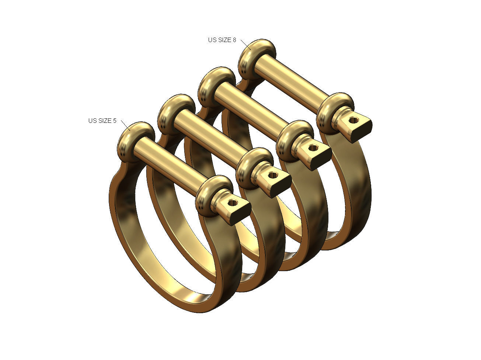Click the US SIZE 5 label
[102, 121]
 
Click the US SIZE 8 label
[222, 40]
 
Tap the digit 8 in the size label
[234, 40]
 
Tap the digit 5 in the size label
[114, 121]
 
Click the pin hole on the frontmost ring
[232, 202]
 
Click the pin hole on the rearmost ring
[353, 120]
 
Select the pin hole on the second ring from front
[273, 175]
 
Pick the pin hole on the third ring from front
[313, 148]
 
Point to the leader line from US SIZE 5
[125, 125]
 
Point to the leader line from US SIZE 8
[245, 44]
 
